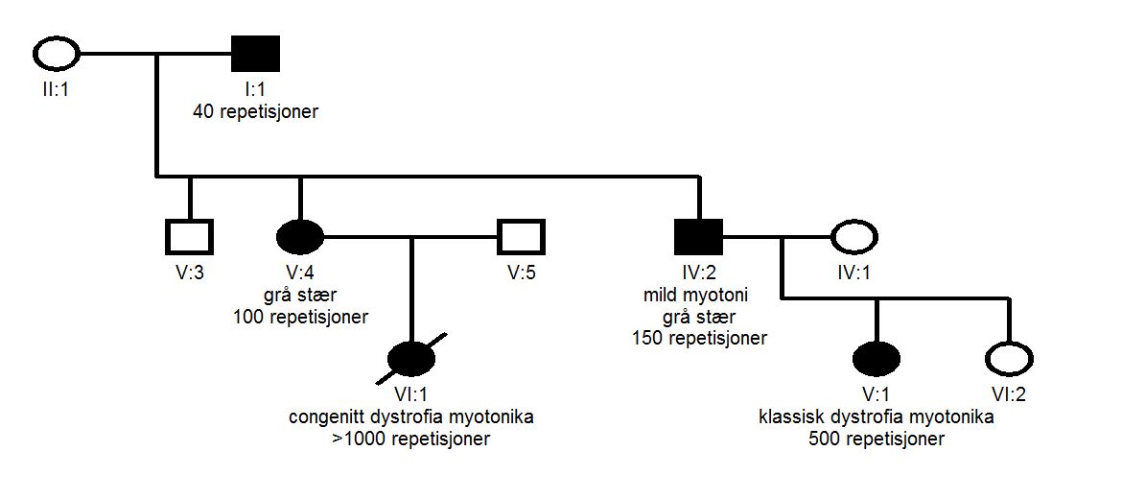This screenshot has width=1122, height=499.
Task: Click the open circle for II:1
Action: pos(57,54)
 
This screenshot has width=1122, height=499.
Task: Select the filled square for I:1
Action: pos(255,54)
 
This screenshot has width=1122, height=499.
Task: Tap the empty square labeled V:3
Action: pos(189,235)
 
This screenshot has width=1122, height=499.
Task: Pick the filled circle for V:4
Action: pos(300,235)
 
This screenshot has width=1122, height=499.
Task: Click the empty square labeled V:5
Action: pos(522,235)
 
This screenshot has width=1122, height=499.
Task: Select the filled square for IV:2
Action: pos(699,235)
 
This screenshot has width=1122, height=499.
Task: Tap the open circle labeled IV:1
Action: pos(854,235)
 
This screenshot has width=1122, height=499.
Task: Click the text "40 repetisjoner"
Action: pos(255,112)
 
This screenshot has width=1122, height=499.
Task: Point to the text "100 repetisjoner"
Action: pos(300,317)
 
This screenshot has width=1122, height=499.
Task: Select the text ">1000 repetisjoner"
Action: pos(411,440)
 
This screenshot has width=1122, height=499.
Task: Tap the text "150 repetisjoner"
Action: pos(699,337)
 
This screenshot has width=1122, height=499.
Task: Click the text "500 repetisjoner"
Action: pos(877,440)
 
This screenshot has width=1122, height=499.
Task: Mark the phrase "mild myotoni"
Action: pos(699,295)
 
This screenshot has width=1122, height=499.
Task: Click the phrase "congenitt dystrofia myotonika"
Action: pos(411,418)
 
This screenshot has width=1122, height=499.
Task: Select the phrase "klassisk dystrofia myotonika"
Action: pos(877,418)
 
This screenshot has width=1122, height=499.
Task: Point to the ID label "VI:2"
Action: pos(1010,395)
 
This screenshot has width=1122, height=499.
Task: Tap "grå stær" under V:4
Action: pos(300,295)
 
